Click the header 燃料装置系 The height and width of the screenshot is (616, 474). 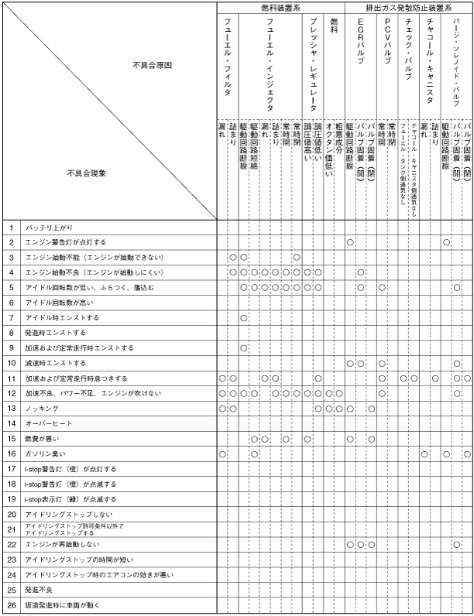point(280,7)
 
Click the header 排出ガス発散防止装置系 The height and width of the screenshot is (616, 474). point(408,7)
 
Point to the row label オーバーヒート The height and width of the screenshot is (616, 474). point(49,423)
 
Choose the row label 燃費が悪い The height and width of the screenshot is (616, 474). point(43,438)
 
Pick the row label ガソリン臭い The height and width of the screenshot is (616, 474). point(45,453)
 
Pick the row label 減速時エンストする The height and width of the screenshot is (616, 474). point(55,363)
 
